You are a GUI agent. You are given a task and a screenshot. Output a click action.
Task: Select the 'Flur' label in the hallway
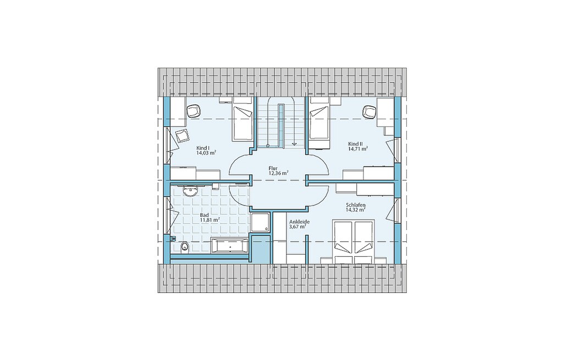pos(273,168)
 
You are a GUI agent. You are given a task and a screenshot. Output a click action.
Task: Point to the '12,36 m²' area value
pos(279,173)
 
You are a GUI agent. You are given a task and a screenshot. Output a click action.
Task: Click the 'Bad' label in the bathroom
pos(204,215)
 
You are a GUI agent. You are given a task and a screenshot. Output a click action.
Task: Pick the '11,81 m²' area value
pos(209,220)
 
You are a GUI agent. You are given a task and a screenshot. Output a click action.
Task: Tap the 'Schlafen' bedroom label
pos(356,206)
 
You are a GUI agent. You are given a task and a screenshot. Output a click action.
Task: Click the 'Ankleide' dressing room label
pos(299,222)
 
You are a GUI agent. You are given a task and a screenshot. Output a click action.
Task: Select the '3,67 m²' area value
pos(297,226)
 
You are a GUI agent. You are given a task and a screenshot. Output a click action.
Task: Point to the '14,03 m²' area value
pos(206,153)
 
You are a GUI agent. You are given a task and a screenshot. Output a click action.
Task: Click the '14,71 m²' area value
pos(358,148)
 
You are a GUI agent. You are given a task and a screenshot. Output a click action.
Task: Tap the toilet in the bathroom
pos(184,247)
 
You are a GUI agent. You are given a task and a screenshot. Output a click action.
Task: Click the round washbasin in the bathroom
pos(190,192)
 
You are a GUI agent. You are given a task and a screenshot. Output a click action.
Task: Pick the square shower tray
pos(261,223)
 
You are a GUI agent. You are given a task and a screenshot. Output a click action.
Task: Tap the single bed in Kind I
pos(242,123)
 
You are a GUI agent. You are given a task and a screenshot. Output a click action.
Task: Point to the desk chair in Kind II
pos(369,112)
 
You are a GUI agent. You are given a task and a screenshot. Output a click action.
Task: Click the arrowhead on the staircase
pos(295,143)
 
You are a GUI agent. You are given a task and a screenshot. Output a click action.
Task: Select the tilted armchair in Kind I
pos(181,136)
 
